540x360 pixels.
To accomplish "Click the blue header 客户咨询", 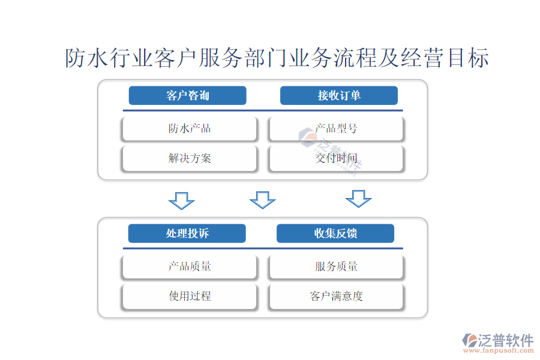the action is pyautogui.click(x=187, y=95).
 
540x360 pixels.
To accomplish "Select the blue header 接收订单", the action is pyautogui.click(x=339, y=95).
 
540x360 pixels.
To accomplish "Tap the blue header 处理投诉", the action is pyautogui.click(x=187, y=233).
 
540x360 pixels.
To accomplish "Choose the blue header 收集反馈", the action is pyautogui.click(x=335, y=233).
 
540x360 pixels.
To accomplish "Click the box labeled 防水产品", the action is pyautogui.click(x=190, y=128).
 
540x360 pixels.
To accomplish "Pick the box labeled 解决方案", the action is pyautogui.click(x=190, y=158).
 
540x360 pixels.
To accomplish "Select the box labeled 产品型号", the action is pyautogui.click(x=336, y=128).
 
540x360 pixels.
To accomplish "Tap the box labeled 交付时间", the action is pyautogui.click(x=336, y=158).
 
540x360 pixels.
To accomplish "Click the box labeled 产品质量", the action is pyautogui.click(x=190, y=266).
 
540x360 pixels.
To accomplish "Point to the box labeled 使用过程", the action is pyautogui.click(x=190, y=296).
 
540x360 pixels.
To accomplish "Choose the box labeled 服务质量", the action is pyautogui.click(x=336, y=266).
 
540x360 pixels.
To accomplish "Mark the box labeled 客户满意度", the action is pyautogui.click(x=336, y=296).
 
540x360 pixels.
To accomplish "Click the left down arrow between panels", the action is pyautogui.click(x=181, y=201).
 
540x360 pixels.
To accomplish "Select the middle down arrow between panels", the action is pyautogui.click(x=262, y=200).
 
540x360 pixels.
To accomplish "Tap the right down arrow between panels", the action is pyautogui.click(x=359, y=199).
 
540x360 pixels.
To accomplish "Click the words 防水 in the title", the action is pyautogui.click(x=87, y=58).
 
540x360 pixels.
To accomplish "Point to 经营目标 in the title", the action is pyautogui.click(x=445, y=58).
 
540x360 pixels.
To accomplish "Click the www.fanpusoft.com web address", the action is pyautogui.click(x=499, y=350).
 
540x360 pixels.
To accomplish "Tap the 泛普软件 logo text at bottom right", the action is pyautogui.click(x=506, y=340).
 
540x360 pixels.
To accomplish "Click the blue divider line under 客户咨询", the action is pyautogui.click(x=263, y=110).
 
